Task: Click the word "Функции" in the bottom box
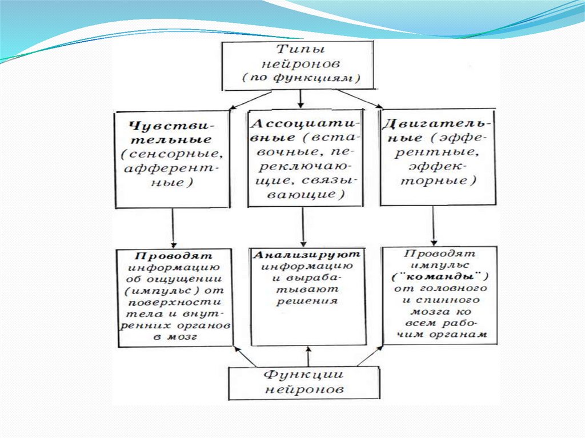click(303, 375)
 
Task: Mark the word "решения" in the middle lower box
click(307, 301)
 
